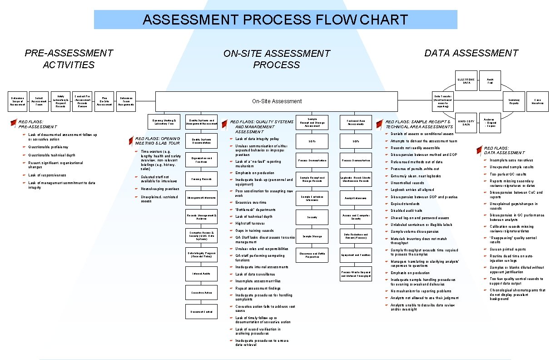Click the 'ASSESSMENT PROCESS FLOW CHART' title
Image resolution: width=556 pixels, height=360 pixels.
pos(275,20)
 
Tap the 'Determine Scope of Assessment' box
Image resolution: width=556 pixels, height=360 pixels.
pos(19,101)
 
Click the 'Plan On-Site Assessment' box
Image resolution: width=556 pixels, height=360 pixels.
pos(104,101)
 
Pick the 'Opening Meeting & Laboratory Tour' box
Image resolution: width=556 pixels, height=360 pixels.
pos(164,121)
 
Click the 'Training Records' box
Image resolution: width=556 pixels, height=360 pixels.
pos(201,179)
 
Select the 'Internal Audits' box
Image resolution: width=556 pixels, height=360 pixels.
pos(201,274)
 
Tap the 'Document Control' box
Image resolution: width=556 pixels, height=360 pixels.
pos(201,311)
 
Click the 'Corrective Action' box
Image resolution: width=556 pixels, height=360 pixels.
pos(201,293)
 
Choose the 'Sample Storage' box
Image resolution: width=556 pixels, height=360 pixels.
pos(312,236)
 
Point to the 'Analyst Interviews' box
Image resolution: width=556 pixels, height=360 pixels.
pos(356,198)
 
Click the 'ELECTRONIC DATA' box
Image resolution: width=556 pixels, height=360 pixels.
pos(467,81)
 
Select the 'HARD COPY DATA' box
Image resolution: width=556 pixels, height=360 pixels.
pos(467,124)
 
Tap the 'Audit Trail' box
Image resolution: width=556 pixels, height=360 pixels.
pos(490,81)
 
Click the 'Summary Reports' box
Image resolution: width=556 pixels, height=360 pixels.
pos(514,101)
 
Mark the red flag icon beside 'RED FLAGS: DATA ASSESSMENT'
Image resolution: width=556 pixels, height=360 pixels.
pos(479,150)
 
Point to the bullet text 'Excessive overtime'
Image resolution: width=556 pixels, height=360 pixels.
pos(251,202)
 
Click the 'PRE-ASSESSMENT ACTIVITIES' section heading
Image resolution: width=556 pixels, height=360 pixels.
pos(69,59)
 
